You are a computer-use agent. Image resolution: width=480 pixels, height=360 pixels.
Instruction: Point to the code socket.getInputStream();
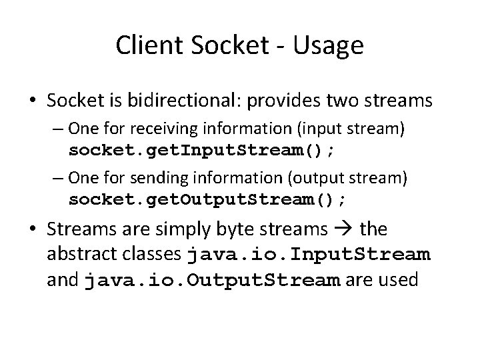(203, 150)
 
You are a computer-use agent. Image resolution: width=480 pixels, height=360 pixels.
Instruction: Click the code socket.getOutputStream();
(207, 199)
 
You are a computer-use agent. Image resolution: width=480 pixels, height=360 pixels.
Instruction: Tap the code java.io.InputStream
(309, 255)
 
